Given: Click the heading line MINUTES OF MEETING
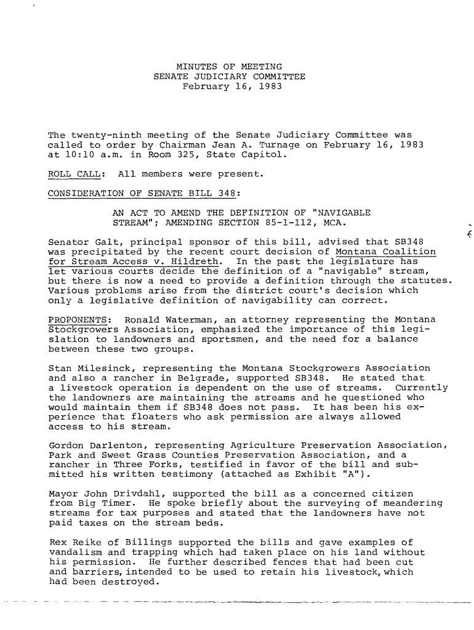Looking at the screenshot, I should pyautogui.click(x=229, y=66).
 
